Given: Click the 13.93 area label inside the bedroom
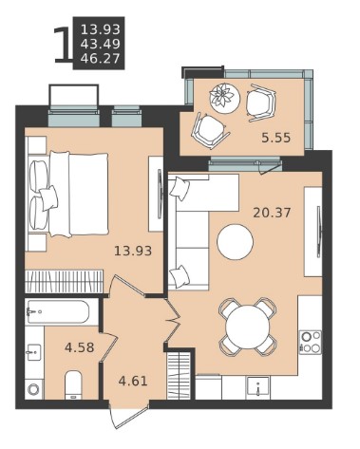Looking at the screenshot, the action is pyautogui.click(x=133, y=251).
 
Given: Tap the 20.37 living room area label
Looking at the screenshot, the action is pyautogui.click(x=272, y=213).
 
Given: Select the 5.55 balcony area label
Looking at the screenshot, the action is pyautogui.click(x=275, y=138).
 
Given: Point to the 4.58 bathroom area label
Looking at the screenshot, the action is pyautogui.click(x=79, y=347).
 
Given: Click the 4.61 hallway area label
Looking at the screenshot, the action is pyautogui.click(x=133, y=381).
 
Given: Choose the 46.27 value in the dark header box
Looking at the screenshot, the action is pyautogui.click(x=101, y=59).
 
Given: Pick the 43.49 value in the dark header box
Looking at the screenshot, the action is pyautogui.click(x=101, y=44).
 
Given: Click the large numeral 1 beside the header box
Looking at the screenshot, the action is pyautogui.click(x=62, y=45).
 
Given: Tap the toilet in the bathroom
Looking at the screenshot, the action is pyautogui.click(x=73, y=385).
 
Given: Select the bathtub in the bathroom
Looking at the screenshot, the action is pyautogui.click(x=58, y=311).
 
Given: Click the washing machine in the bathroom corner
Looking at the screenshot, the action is pyautogui.click(x=33, y=389).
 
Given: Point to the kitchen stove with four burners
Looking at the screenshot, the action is pyautogui.click(x=311, y=343).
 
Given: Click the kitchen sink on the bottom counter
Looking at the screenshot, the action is pyautogui.click(x=258, y=386).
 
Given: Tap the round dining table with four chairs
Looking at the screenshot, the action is pyautogui.click(x=247, y=327).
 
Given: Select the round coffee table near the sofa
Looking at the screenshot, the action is pyautogui.click(x=235, y=242).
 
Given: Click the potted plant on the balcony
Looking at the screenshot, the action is pyautogui.click(x=224, y=95).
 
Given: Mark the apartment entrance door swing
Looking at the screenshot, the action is pyautogui.click(x=128, y=416).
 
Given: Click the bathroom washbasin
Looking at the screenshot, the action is pyautogui.click(x=33, y=352).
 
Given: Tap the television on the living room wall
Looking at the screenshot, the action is pyautogui.click(x=319, y=232).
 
